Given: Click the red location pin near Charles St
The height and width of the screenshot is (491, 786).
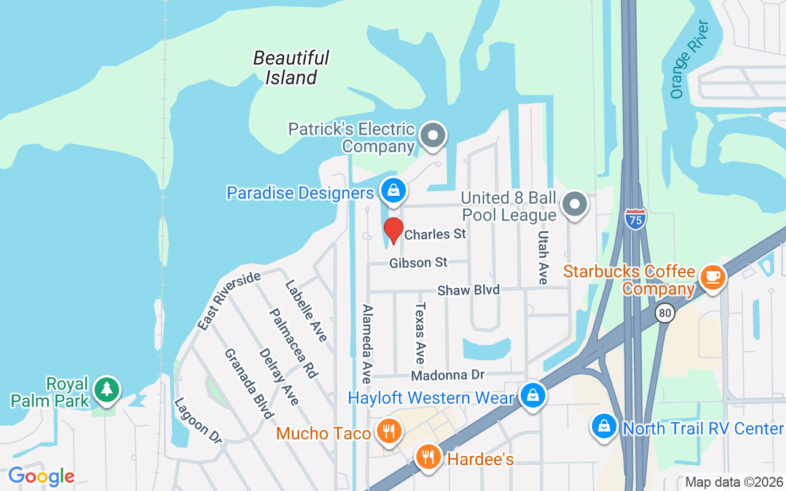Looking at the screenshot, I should coord(393,230).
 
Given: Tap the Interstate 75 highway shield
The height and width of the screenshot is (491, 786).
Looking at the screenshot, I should coord(636,218).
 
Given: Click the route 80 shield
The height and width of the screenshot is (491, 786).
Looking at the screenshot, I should coord(664,314).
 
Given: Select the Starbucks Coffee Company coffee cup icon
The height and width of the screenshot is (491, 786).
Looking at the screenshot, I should coord(712,277).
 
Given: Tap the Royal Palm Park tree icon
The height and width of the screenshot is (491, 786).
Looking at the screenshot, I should coord(107,389).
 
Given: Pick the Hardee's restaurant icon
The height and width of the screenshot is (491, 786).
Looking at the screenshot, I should coord(428,457).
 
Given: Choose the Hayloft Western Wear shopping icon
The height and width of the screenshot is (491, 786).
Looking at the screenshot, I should coord(532,395).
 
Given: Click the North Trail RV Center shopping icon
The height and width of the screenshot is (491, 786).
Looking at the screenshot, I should coord(604,425).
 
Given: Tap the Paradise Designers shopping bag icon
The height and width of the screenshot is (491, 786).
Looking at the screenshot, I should coord(394,190).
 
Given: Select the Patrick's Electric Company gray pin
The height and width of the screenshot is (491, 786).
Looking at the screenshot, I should coord(433,134).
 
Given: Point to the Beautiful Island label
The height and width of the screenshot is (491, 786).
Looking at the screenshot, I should coord(291,68).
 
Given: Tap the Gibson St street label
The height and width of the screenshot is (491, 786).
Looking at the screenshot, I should coord(418,263).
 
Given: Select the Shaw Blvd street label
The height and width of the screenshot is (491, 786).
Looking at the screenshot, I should coord(469,290).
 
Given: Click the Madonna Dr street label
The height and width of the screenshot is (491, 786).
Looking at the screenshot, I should coord(448,374).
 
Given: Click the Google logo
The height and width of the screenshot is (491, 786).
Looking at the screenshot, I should coord(41,476).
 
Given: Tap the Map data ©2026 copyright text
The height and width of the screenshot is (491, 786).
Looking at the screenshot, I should coord(734,482).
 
